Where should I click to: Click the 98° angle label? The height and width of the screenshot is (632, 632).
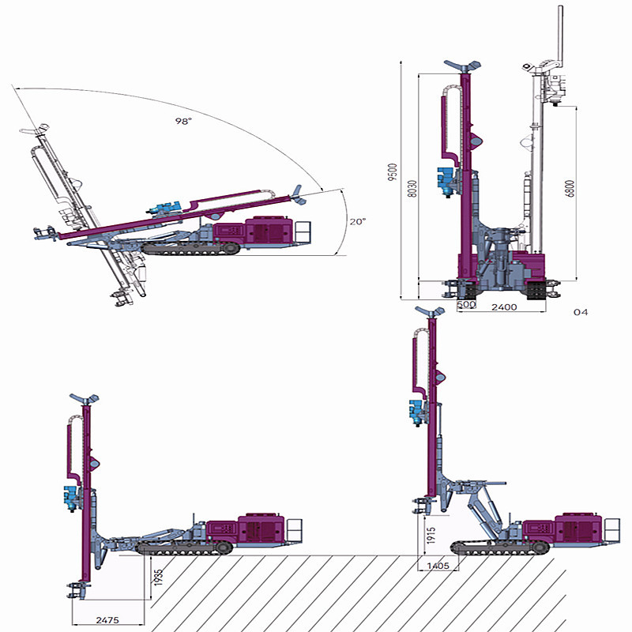coord(184,121)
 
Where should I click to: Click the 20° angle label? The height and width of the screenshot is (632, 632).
coord(358,222)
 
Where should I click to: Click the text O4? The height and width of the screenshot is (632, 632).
coord(581,313)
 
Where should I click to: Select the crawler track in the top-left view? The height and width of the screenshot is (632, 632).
coord(190,248)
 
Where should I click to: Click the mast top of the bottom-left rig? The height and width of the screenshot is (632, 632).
coord(85,397)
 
